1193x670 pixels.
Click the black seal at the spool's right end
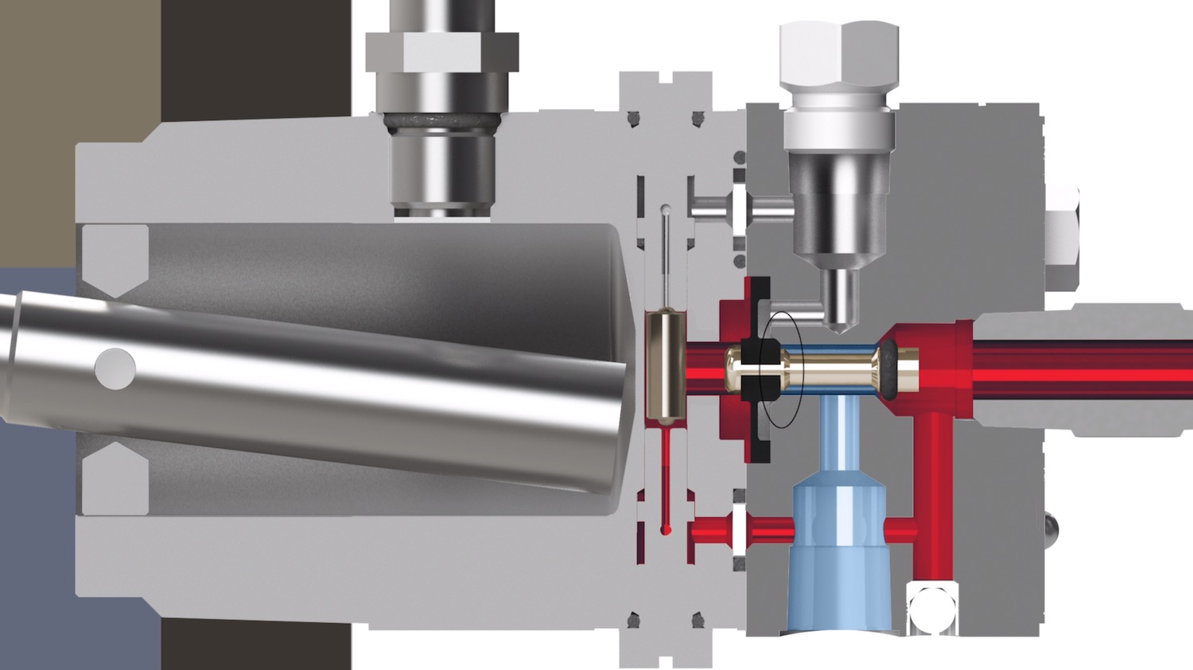click(886, 369)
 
